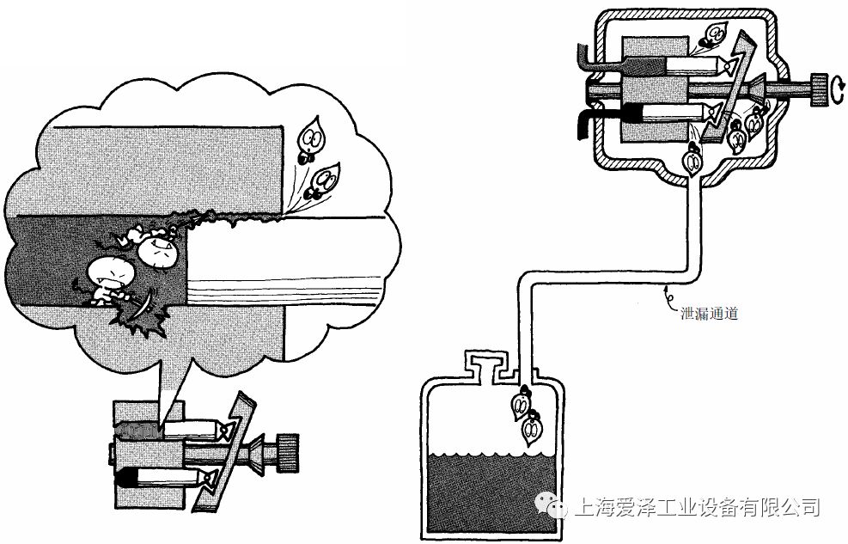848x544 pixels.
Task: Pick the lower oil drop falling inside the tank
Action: pyautogui.click(x=534, y=425)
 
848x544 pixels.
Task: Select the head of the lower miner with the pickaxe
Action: pyautogui.click(x=111, y=274)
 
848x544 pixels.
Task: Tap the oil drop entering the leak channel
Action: pyautogui.click(x=690, y=160)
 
